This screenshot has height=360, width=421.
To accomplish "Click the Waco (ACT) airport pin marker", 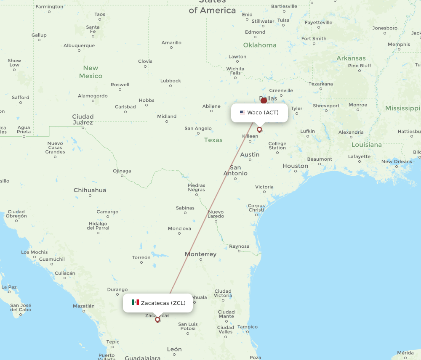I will [x=259, y=130].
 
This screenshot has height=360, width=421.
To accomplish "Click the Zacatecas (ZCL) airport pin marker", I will [x=157, y=320].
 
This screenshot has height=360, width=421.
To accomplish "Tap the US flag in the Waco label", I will [x=242, y=113].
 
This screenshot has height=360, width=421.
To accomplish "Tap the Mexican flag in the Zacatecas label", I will [x=135, y=302].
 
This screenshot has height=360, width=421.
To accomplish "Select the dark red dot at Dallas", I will [x=264, y=101].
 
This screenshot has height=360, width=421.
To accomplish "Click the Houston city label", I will [x=295, y=166].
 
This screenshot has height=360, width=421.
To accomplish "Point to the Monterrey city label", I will [x=200, y=254].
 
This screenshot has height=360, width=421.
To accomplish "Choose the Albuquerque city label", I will [x=79, y=45].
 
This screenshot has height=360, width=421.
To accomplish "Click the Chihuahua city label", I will [x=90, y=190].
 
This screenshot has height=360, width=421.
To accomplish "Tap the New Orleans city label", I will [x=397, y=161].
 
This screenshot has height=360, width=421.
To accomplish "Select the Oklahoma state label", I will [x=260, y=45].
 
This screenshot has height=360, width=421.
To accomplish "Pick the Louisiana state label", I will [x=366, y=145].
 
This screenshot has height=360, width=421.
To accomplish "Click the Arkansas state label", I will [x=351, y=58].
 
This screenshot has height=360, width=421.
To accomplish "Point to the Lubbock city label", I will [x=171, y=81].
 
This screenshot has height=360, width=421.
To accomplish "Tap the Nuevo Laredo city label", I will [x=216, y=214].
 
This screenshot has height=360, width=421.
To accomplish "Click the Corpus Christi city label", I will [x=256, y=207].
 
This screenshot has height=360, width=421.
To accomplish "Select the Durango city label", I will [x=117, y=289].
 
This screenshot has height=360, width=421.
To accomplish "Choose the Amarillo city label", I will [x=171, y=42].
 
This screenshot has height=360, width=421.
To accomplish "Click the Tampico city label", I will [x=247, y=327].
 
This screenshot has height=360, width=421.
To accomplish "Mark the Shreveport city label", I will [x=326, y=106].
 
